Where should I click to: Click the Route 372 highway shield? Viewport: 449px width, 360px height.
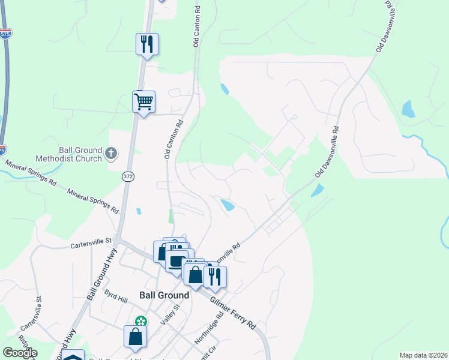pyautogui.click(x=127, y=176)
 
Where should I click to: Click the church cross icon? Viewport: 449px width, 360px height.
pyautogui.click(x=111, y=154)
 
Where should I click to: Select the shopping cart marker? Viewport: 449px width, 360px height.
pyautogui.click(x=143, y=102)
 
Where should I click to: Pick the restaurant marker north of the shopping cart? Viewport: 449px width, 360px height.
pyautogui.click(x=147, y=44)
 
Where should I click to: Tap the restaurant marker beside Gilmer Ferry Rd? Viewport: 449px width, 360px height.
pyautogui.click(x=214, y=276)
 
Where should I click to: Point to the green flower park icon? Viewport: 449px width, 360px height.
pyautogui.click(x=141, y=322)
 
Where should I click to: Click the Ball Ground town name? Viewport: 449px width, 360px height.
pyautogui.click(x=164, y=295)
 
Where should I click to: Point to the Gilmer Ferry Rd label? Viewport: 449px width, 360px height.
pyautogui.click(x=234, y=312)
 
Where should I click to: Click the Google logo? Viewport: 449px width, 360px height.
pyautogui.click(x=19, y=353)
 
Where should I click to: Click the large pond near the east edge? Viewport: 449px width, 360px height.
pyautogui.click(x=408, y=109)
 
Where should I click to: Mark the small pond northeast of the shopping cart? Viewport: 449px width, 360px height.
pyautogui.click(x=224, y=89)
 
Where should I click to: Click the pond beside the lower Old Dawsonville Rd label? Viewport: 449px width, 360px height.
pyautogui.click(x=317, y=190)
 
